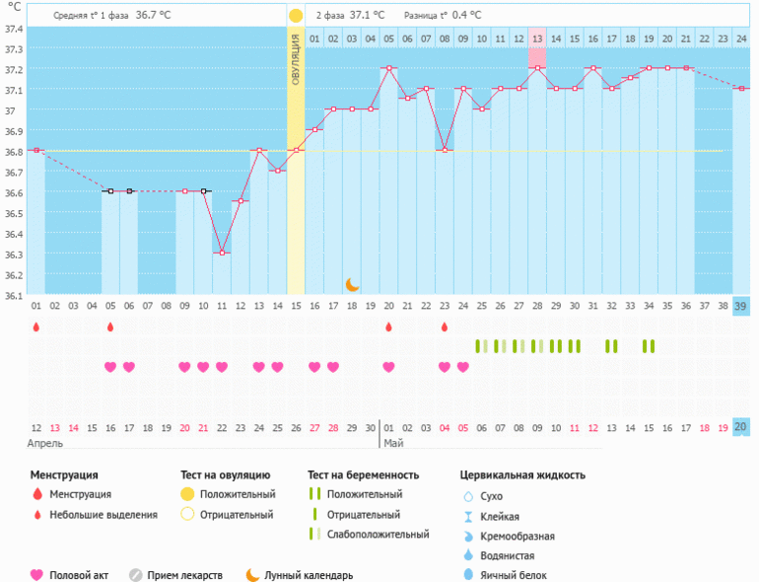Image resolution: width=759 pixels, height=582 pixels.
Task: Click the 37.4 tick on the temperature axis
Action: pyautogui.click(x=13, y=29)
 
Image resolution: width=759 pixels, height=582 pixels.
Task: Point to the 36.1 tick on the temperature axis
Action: pyautogui.click(x=13, y=295)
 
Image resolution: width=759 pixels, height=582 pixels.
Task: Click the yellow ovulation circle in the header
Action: pyautogui.click(x=296, y=16)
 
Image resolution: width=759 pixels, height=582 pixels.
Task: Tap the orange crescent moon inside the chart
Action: pyautogui.click(x=352, y=284)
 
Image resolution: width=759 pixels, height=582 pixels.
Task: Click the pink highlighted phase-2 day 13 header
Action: pyautogui.click(x=537, y=38)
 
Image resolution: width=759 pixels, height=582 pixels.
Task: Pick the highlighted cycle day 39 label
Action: pyautogui.click(x=740, y=307)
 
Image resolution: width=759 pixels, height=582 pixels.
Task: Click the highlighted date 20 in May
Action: pyautogui.click(x=740, y=427)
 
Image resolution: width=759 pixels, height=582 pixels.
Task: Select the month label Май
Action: pyautogui.click(x=393, y=443)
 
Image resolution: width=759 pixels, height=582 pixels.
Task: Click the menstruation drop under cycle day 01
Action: pyautogui.click(x=36, y=327)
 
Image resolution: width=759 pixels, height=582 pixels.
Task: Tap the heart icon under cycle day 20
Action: pyautogui.click(x=388, y=367)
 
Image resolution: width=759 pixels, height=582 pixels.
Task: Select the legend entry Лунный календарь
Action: pyautogui.click(x=309, y=575)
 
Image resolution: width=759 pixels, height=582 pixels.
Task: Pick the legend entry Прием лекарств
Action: pyautogui.click(x=184, y=575)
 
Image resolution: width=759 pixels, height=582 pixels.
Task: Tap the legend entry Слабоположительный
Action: pyautogui.click(x=379, y=535)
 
